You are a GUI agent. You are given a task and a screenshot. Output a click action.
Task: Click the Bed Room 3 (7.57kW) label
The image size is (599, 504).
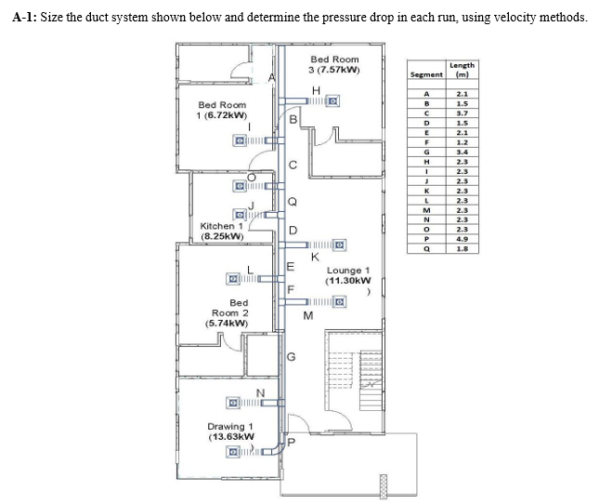[x=334, y=64]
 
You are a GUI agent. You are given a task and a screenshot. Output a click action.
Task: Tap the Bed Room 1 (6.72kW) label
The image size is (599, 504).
[x=222, y=110]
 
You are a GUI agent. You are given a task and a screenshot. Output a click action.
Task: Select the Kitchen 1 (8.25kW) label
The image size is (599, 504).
[x=222, y=231]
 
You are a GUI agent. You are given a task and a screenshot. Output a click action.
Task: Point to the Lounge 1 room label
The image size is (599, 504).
[x=348, y=275]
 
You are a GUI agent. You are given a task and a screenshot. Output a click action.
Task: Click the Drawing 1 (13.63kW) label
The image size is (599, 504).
[x=230, y=431]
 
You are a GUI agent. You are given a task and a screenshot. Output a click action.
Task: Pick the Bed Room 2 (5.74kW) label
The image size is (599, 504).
[x=228, y=312]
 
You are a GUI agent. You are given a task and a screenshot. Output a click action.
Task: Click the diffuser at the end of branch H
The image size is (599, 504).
[x=332, y=101]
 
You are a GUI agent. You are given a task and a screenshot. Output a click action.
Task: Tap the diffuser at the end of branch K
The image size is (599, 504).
[x=340, y=245]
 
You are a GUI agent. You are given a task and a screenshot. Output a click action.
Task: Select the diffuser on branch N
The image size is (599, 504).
[x=233, y=403]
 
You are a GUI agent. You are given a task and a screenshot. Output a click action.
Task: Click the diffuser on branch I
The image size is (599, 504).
[x=240, y=140]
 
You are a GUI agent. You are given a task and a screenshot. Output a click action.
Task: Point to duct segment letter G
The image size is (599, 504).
[x=291, y=357]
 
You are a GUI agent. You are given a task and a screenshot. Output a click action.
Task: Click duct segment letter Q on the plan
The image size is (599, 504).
[x=292, y=202]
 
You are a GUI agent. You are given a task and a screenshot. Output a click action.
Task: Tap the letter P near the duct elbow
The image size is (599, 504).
[x=291, y=443]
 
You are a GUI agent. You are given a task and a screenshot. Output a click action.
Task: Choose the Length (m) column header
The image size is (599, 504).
[x=462, y=70]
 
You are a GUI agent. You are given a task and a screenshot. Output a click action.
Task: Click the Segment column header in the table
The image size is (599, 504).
[x=426, y=74]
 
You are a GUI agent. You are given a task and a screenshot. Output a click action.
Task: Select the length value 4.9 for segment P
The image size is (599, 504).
[x=462, y=239]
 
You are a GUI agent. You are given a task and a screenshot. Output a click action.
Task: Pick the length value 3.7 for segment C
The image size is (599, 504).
[x=462, y=113]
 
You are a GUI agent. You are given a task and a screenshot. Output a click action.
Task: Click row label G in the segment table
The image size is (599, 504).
[x=426, y=153]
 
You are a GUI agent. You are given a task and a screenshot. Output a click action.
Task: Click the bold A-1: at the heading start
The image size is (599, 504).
[x=25, y=18]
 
